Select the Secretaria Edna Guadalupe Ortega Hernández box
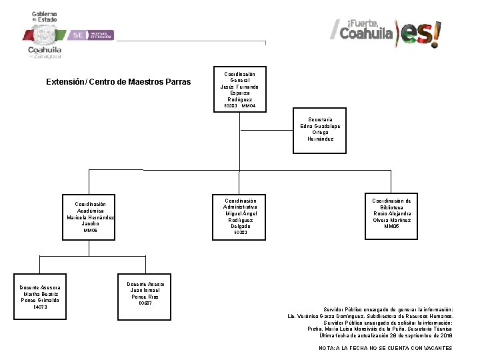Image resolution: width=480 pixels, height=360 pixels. click(x=320, y=129)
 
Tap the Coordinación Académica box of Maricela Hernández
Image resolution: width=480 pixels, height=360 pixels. click(x=90, y=217)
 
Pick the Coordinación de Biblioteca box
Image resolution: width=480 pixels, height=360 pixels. click(x=391, y=213)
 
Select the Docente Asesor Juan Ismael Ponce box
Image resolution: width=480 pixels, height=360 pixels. click(x=145, y=293)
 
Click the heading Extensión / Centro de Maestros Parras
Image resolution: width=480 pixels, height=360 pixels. click(x=118, y=82)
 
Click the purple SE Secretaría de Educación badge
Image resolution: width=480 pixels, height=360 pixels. click(x=93, y=35)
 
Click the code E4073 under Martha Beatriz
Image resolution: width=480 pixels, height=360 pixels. click(x=41, y=307)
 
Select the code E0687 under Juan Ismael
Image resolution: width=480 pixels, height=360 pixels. click(x=145, y=303)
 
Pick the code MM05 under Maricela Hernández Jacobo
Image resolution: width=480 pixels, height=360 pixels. click(x=90, y=231)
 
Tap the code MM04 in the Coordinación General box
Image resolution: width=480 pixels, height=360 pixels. click(x=248, y=106)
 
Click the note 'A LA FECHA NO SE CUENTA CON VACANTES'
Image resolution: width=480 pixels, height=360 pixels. click(x=385, y=348)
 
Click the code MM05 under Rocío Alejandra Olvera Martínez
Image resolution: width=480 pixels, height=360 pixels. click(x=391, y=227)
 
